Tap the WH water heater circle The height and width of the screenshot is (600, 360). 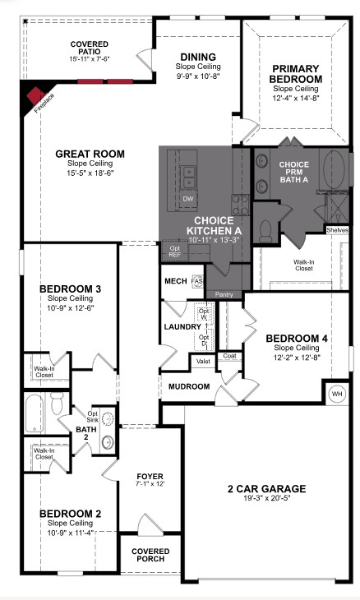point(336,392)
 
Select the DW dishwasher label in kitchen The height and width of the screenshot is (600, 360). point(188,199)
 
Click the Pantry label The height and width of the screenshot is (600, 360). point(224,293)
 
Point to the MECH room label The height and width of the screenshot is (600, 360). point(176,280)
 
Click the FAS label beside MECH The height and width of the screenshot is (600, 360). point(197,281)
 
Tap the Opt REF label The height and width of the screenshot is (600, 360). point(174,251)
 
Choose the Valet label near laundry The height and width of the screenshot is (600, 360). point(202,361)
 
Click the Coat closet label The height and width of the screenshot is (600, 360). point(229,356)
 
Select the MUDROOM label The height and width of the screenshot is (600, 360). point(189,385)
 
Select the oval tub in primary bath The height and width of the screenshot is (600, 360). point(336,172)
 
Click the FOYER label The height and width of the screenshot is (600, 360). point(150,476)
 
